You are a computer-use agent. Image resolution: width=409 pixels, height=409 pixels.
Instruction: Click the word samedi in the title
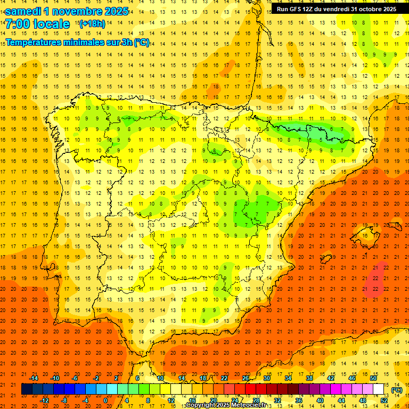pyautogui.click(x=24, y=11)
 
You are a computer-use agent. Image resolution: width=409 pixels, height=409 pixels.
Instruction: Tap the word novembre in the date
pyautogui.click(x=77, y=11)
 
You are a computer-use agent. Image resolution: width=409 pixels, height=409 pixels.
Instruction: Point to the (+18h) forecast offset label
pyautogui.click(x=92, y=24)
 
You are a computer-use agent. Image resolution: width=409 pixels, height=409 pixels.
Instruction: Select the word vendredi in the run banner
pyautogui.click(x=333, y=9)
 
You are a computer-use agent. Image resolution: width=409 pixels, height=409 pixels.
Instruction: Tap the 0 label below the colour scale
pyautogui.click(x=105, y=400)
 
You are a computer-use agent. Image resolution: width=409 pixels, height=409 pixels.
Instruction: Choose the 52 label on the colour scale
pyautogui.click(x=385, y=400)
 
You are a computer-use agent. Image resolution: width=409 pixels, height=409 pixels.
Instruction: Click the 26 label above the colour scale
pyautogui.click(x=246, y=378)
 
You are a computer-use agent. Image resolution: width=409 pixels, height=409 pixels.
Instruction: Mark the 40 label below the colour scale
pyautogui.click(x=320, y=400)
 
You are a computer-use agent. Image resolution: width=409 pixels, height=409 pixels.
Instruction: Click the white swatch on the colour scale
pyautogui.click(x=378, y=389)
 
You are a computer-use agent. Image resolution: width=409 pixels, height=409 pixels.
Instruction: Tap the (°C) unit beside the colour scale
pyautogui.click(x=396, y=389)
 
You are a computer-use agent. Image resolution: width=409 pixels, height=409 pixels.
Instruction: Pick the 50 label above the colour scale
pyautogui.click(x=373, y=378)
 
